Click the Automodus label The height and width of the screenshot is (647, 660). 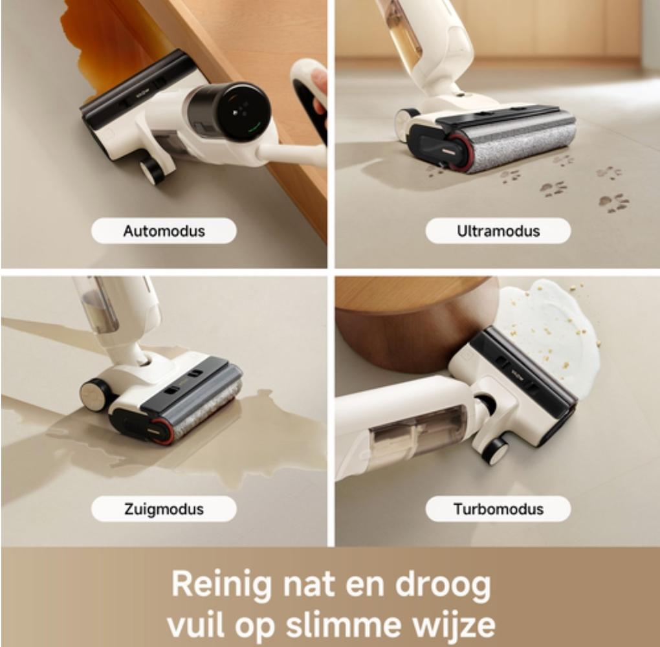(164, 231)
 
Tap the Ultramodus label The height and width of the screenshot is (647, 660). (498, 231)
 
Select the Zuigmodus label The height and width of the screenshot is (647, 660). (164, 509)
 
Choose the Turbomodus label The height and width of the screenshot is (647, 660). (498, 509)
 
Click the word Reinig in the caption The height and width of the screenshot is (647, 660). (222, 584)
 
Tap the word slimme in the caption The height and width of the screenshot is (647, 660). (343, 624)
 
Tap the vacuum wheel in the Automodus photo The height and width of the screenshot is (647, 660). (152, 171)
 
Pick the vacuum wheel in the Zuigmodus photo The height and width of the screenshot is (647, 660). (94, 394)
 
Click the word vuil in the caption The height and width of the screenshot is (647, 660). (195, 624)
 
